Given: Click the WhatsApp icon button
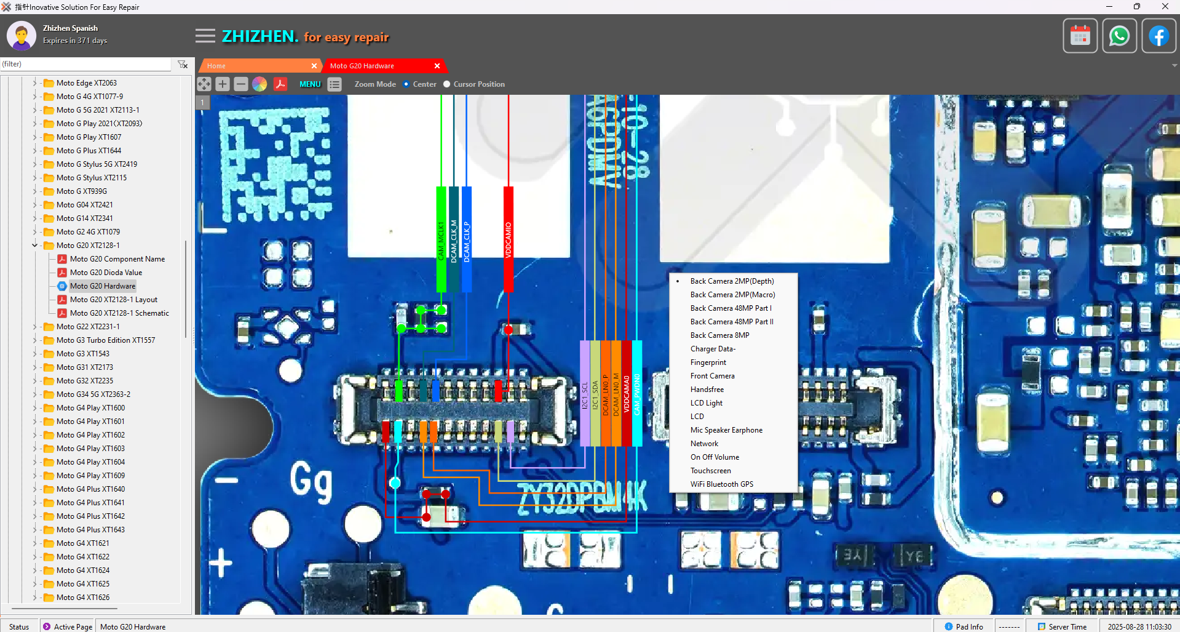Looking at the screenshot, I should (x=1119, y=36).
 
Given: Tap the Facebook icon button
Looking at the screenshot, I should (x=1158, y=36).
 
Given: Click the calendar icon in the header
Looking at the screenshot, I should (x=1080, y=36).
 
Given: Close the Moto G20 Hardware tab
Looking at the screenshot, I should (x=437, y=66).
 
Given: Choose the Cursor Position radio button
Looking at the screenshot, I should (x=447, y=84).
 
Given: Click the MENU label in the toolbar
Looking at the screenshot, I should (x=310, y=84).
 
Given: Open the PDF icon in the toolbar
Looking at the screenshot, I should (x=280, y=84).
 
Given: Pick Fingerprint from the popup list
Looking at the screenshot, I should (x=708, y=362).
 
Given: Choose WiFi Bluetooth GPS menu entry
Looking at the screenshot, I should (x=721, y=484).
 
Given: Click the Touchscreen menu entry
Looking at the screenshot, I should (x=710, y=471).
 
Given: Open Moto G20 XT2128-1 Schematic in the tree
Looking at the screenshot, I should (x=119, y=313).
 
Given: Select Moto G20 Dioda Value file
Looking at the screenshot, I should (x=106, y=273).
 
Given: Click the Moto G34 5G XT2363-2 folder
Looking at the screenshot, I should (x=93, y=394).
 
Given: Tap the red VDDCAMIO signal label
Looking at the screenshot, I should (x=509, y=239).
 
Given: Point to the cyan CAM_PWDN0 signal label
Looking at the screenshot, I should (x=637, y=394).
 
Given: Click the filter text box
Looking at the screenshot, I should (x=86, y=64).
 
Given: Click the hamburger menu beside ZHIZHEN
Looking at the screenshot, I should (x=205, y=36).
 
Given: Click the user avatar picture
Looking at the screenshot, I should (x=22, y=36).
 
